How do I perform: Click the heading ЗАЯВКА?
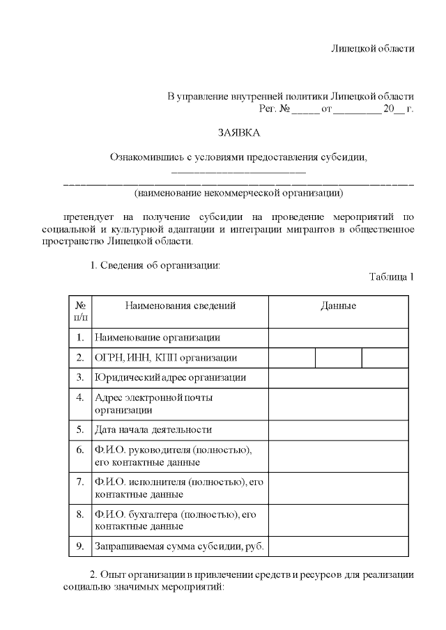coord(238,132)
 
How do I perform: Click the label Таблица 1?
coord(392,277)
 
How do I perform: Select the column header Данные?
coord(338,306)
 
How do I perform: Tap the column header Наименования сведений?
coord(180,306)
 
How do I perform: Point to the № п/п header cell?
coord(80,311)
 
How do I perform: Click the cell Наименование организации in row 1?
coord(157,338)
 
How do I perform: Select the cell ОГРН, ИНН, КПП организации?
coord(165,358)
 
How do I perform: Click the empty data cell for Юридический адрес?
coord(338,378)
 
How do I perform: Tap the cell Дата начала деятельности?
coord(153,430)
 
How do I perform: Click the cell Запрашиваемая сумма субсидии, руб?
coord(179,546)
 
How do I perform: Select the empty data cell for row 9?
coord(338,546)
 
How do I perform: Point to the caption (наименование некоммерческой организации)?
coord(238,191)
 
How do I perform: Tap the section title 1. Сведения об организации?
coord(155,265)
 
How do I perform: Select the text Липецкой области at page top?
coord(372,49)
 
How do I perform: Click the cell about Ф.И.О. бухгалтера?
coord(171,520)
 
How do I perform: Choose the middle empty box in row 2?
coord(338,358)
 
